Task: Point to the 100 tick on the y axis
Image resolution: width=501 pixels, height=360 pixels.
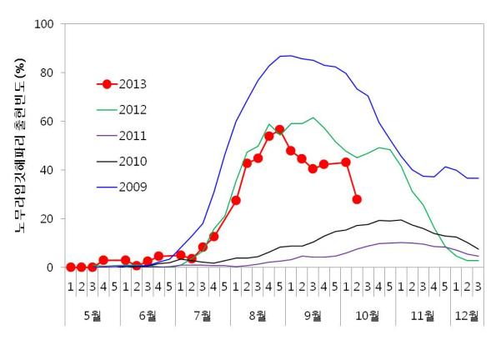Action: click(x=43, y=24)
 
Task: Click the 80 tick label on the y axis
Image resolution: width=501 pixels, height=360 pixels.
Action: click(x=47, y=72)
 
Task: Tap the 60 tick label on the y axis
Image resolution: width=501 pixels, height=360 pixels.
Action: click(x=47, y=122)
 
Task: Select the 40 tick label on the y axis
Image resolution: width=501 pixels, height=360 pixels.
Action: click(x=47, y=170)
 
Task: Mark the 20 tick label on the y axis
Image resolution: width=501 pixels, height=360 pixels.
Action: click(x=47, y=219)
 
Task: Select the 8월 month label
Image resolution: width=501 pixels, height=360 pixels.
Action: click(x=258, y=316)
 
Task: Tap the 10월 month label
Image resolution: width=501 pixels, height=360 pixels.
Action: click(x=368, y=316)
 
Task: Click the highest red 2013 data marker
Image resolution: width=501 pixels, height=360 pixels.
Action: click(x=280, y=130)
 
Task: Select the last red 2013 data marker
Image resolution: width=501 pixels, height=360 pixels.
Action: click(x=357, y=199)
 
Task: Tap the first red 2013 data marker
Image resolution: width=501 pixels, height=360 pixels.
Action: click(x=71, y=267)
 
